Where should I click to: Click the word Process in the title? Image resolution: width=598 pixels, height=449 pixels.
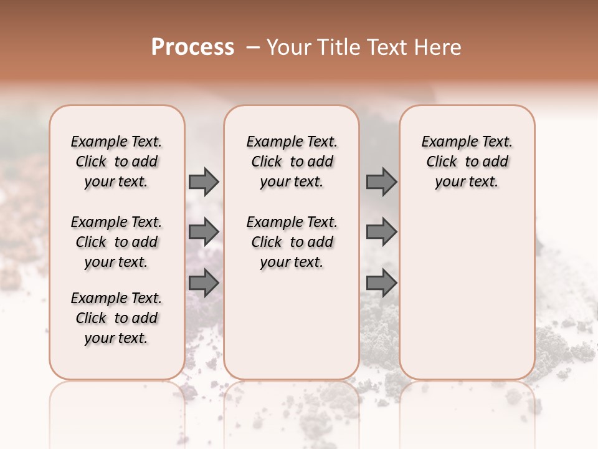point(192,47)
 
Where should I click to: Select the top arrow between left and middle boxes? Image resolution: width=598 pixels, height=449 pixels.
point(204,181)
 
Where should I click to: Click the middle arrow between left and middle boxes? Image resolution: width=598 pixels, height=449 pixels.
point(204,232)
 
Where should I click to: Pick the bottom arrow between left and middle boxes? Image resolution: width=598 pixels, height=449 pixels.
point(204,283)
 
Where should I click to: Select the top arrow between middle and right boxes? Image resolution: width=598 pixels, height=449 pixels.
point(381,181)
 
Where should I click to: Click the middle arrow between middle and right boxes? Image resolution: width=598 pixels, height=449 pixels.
point(381,232)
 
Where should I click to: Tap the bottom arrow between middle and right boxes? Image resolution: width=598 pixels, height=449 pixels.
point(381,283)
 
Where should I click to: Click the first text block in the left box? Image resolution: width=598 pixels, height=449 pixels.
point(116,162)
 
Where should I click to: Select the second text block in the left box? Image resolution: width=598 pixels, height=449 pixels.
point(116,242)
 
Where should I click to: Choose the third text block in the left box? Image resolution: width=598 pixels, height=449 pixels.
point(116,318)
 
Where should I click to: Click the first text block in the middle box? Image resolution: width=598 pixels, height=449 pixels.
point(292,162)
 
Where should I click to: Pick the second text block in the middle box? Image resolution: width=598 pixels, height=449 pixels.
point(292,242)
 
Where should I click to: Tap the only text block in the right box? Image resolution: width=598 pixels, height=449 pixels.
point(467,162)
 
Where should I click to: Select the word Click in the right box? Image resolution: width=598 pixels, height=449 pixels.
point(442,162)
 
